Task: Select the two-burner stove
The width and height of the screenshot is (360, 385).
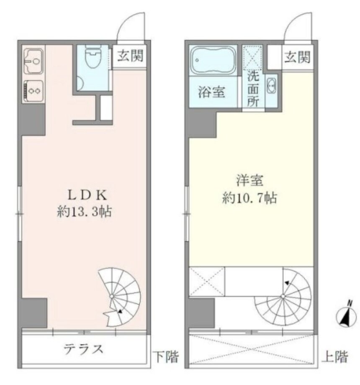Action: pyautogui.click(x=33, y=90)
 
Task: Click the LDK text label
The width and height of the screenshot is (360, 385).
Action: pyautogui.click(x=84, y=195)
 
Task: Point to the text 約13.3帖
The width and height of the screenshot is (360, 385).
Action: pyautogui.click(x=84, y=211)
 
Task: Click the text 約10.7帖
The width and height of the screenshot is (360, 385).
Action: pyautogui.click(x=249, y=198)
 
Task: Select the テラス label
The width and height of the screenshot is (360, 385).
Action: pyautogui.click(x=83, y=349)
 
